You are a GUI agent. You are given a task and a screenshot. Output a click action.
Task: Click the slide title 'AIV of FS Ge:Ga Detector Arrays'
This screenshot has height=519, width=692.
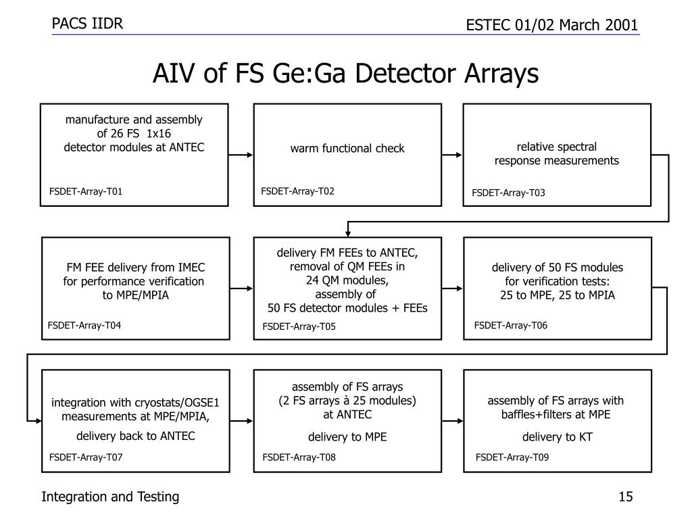coord(345,74)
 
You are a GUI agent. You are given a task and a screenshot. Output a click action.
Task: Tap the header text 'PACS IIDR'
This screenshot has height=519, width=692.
coord(88,24)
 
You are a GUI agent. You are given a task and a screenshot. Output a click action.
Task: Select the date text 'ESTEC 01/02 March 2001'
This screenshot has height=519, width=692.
coord(552,25)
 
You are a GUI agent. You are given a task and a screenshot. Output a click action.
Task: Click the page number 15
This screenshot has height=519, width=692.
coord(625,497)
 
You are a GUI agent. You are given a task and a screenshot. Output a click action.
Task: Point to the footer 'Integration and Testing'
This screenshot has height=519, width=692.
coord(110,497)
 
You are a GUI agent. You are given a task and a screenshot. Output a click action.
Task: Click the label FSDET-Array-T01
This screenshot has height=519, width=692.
coord(86,191)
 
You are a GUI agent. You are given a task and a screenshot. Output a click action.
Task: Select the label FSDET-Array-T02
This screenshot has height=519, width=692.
coord(297,191)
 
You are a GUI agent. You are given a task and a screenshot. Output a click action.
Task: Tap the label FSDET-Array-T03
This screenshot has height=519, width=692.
coord(508,193)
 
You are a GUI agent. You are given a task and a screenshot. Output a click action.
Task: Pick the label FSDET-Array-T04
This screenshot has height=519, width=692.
coord(84,326)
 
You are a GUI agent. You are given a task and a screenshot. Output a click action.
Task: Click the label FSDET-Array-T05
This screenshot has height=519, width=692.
coord(299,327)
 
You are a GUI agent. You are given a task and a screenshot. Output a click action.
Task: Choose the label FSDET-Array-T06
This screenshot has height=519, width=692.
coord(510,326)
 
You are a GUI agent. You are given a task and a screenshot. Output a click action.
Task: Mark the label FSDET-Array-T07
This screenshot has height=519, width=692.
coord(86,458)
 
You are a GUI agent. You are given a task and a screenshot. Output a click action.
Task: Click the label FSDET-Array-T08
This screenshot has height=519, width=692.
coord(299,458)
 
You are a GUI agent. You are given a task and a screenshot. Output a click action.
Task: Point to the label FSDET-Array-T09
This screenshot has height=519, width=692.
coord(512,458)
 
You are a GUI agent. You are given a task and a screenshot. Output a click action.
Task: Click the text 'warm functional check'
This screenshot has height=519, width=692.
coord(347,148)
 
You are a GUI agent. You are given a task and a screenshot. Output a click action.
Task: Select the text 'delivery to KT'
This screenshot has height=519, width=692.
coord(558,437)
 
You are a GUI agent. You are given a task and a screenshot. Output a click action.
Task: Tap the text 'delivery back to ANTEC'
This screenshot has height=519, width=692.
coord(135,436)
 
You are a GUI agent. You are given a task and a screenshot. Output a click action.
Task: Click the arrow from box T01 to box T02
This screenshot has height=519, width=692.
coord(241,155)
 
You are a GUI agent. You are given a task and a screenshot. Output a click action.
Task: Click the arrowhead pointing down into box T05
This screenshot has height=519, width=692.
coord(348,232)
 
